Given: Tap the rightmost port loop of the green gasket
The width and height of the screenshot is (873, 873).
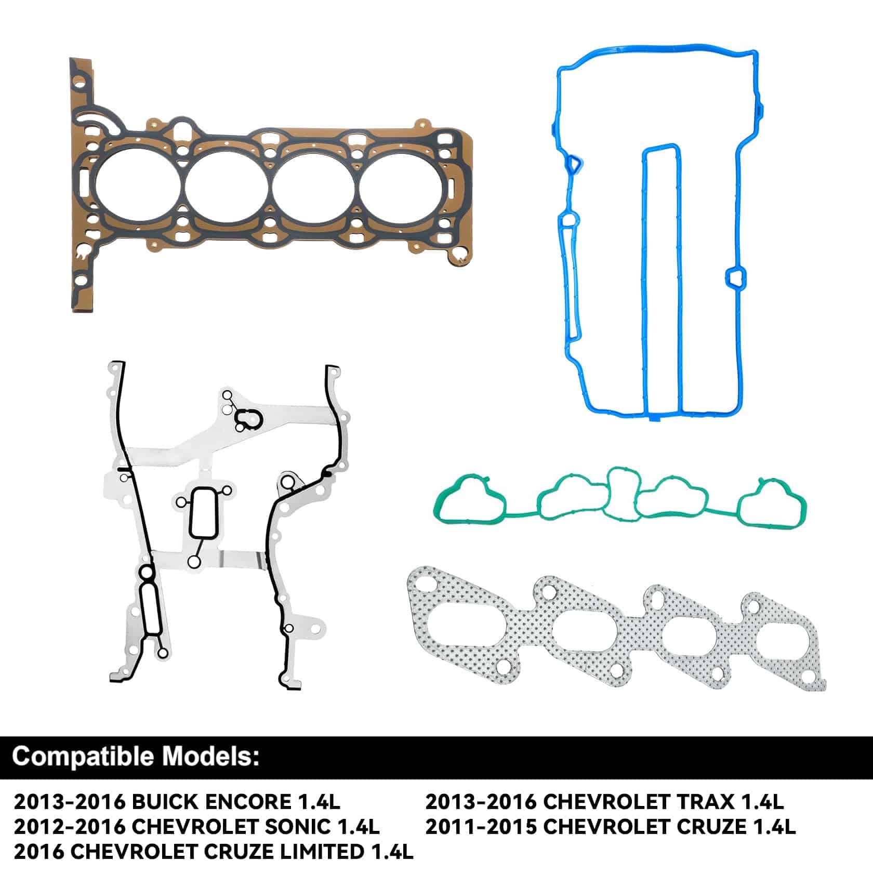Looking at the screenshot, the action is [773, 504].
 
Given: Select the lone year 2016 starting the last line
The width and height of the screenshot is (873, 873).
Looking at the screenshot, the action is [38, 851].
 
